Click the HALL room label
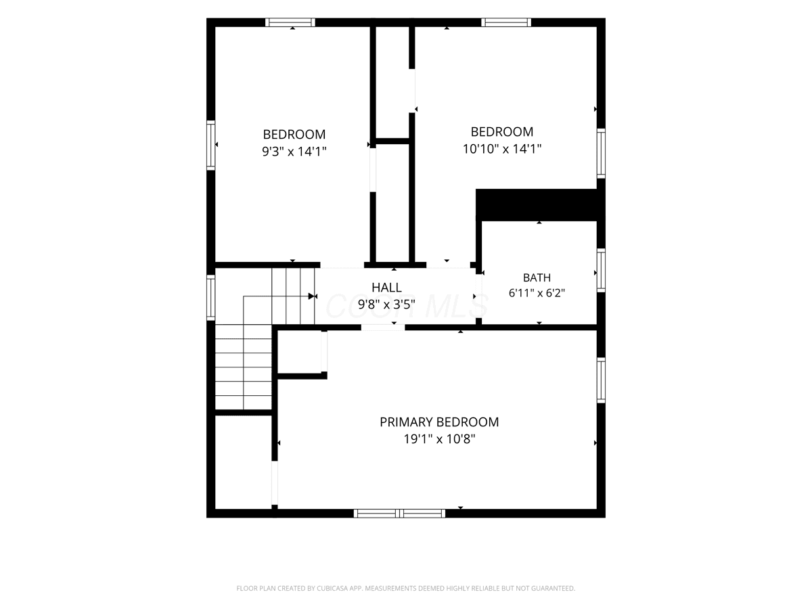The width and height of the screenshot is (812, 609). (x=386, y=288)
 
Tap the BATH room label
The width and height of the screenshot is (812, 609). (x=537, y=277)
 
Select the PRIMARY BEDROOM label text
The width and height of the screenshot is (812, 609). (x=439, y=422)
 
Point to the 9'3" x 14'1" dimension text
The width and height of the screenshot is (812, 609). (x=294, y=151)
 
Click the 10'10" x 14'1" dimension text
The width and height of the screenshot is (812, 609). (x=502, y=149)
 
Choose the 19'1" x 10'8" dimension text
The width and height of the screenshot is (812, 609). (x=439, y=439)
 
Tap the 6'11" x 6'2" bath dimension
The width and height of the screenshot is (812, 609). (x=537, y=293)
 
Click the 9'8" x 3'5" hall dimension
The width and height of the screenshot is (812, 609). (x=386, y=304)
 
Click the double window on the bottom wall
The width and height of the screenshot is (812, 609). (x=399, y=513)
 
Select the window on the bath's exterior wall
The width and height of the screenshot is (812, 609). (x=601, y=270)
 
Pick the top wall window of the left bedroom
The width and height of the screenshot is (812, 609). (x=290, y=22)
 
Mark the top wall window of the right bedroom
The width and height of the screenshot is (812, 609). (x=506, y=22)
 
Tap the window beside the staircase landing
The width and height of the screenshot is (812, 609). (x=210, y=298)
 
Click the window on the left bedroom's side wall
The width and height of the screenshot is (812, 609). (x=210, y=145)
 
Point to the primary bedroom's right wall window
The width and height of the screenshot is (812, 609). (x=601, y=380)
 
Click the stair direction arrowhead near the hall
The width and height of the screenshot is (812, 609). (x=311, y=296)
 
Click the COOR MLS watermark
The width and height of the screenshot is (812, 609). (x=406, y=306)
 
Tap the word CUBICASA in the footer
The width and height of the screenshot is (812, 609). (x=332, y=588)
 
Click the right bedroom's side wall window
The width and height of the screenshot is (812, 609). (x=601, y=153)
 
